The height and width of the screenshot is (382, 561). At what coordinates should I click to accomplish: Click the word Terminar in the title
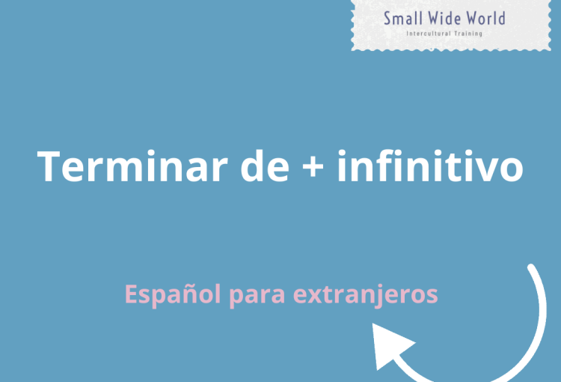[132, 166]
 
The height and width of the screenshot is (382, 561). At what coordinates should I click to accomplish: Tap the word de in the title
[265, 166]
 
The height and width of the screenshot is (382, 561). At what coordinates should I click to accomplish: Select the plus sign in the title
[313, 166]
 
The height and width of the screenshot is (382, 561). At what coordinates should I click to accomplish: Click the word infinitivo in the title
[430, 166]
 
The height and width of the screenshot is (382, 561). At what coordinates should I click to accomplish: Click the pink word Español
[173, 294]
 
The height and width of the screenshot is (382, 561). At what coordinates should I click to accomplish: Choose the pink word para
[257, 297]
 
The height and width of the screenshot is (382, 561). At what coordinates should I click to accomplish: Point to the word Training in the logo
[468, 34]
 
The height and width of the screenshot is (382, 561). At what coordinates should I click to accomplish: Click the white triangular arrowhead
[390, 345]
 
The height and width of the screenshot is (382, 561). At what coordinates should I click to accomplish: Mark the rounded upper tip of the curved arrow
[531, 267]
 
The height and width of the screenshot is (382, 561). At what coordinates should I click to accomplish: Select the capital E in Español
[132, 294]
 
